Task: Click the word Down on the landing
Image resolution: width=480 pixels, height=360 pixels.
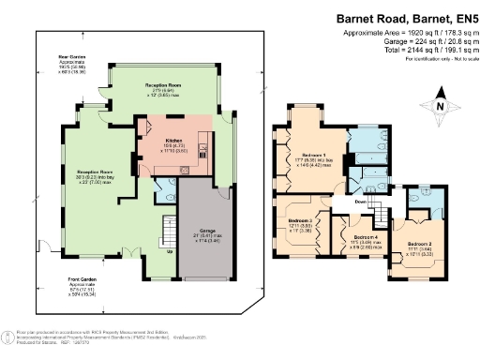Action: [x=360, y=201]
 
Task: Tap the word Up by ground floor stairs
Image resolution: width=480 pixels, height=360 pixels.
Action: [x=170, y=251]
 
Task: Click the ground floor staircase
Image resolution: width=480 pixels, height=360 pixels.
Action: [x=169, y=229]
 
